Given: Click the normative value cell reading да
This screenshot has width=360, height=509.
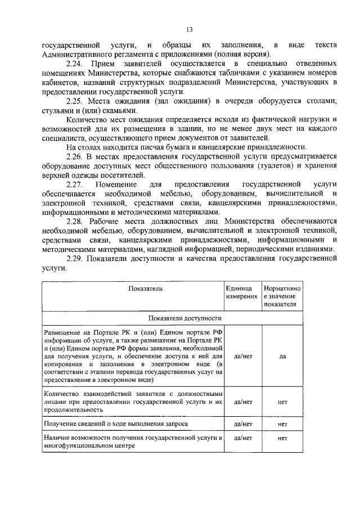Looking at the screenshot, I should pyautogui.click(x=283, y=357).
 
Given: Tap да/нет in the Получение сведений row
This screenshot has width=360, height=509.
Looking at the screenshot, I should pyautogui.click(x=242, y=422).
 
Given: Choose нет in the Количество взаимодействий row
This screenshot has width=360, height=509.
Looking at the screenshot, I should pyautogui.click(x=283, y=402).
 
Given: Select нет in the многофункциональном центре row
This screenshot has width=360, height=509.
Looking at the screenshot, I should pyautogui.click(x=283, y=438).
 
